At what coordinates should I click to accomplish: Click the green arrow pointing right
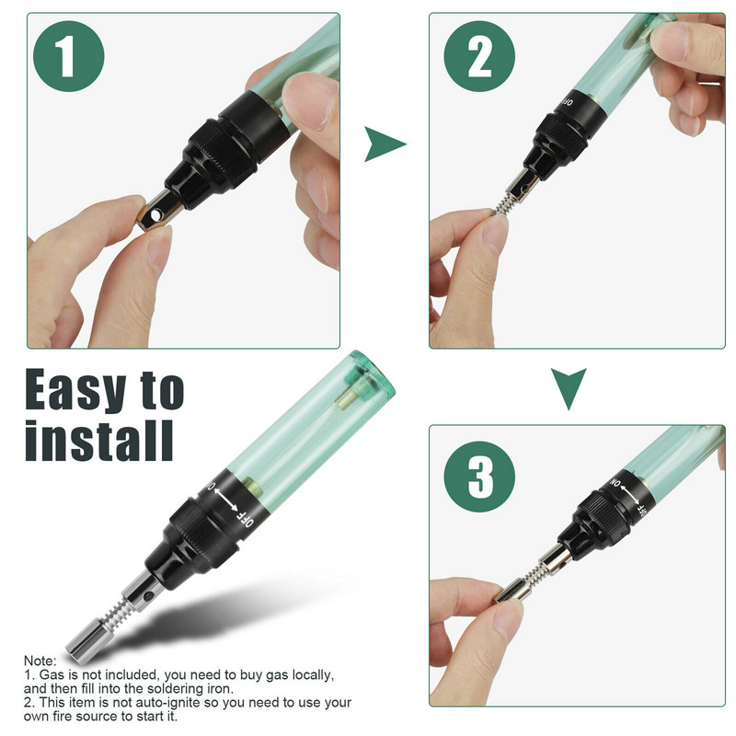click(384, 144)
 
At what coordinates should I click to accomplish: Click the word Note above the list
click(39, 661)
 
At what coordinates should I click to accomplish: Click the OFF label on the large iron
click(245, 518)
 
